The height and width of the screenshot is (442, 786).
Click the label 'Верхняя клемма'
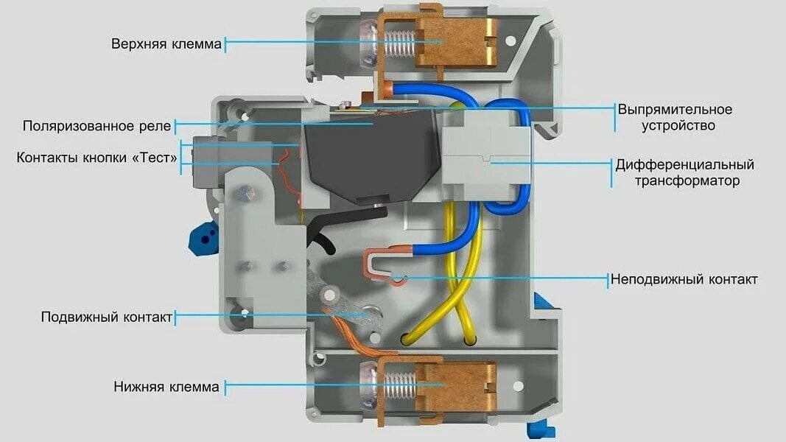click(166, 44)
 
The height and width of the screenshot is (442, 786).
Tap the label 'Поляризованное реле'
click(97, 126)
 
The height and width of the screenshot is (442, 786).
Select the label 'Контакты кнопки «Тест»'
click(97, 158)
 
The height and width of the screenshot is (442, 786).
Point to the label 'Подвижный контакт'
click(107, 317)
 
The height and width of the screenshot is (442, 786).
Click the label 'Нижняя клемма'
click(166, 386)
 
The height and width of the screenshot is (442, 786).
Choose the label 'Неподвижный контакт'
click(684, 280)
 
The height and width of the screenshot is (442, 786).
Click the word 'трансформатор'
click(686, 180)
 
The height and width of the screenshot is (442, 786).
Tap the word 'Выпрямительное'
click(675, 110)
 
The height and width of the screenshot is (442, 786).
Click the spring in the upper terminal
click(399, 43)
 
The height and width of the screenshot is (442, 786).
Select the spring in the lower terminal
click(399, 386)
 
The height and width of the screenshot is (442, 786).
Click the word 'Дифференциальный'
click(685, 164)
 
